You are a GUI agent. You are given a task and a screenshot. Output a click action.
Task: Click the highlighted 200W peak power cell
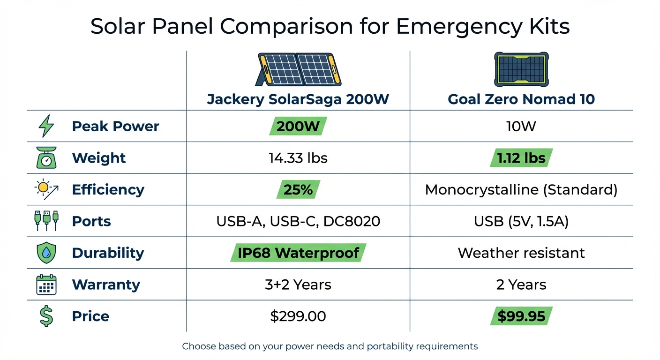(298, 126)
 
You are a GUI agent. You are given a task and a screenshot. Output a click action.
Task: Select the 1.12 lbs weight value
(521, 158)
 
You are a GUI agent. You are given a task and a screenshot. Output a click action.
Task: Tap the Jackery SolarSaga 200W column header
(298, 99)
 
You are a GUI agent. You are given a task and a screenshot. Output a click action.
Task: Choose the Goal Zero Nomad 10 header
(521, 99)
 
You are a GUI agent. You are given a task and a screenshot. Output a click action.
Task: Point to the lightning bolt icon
(46, 126)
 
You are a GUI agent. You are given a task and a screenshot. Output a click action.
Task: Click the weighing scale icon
(46, 157)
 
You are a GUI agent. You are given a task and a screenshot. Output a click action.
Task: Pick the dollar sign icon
(46, 316)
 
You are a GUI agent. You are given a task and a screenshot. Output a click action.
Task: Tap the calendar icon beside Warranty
(46, 285)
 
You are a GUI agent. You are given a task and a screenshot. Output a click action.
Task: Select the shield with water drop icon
(46, 253)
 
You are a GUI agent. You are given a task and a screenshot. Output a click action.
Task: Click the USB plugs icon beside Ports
(46, 221)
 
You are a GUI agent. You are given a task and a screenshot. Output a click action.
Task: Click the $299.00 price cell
(298, 316)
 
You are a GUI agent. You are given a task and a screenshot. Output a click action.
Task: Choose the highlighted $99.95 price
(521, 316)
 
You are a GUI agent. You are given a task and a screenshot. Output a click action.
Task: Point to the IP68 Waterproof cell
(298, 253)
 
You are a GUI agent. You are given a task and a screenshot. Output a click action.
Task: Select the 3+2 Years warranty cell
(298, 285)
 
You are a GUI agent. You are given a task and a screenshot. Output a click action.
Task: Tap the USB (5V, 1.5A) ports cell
(521, 221)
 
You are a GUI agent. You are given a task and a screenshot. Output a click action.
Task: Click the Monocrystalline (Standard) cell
(521, 189)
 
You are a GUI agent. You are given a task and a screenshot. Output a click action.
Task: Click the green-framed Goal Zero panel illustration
(521, 69)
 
